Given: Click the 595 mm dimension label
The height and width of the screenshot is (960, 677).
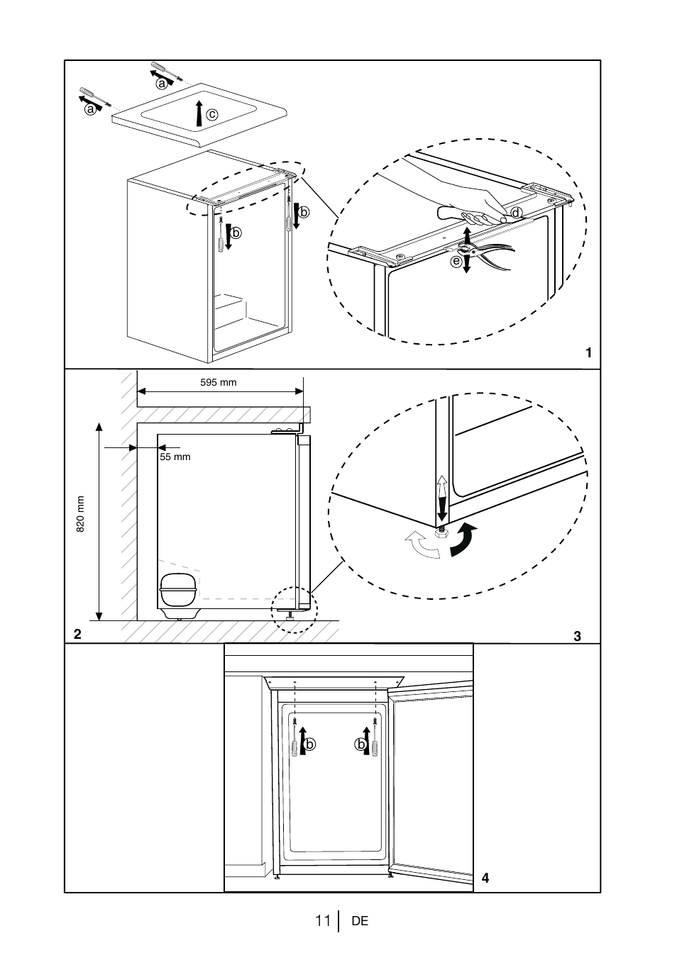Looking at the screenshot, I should [218, 383].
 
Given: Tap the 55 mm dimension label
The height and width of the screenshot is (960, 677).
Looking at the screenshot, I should [175, 457].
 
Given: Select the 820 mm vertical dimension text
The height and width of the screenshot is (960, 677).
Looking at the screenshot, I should [81, 513].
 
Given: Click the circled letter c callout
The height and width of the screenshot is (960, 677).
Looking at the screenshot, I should [211, 114].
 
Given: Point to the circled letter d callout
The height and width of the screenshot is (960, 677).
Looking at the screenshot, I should [516, 213].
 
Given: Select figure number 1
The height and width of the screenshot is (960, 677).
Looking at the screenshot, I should [588, 352].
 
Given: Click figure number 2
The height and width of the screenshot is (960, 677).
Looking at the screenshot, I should [77, 632].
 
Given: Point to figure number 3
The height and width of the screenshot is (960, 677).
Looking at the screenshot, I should [578, 636].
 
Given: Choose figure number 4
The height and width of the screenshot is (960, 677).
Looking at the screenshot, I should [485, 878].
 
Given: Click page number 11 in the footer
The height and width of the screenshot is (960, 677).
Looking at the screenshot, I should [323, 921].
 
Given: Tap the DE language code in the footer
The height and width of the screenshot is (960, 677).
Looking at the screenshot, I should [360, 921].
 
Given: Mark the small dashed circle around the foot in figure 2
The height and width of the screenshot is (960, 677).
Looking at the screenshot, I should [296, 610].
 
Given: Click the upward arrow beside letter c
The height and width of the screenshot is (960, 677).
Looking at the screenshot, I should [201, 113].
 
